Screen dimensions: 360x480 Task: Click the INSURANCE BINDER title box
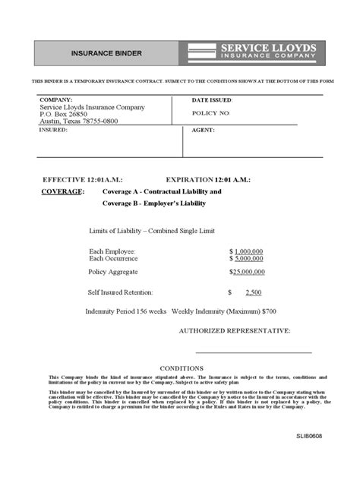pos(106,53)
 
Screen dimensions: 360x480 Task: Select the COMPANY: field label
pos(56,100)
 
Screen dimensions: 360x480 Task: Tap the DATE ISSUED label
pos(212,100)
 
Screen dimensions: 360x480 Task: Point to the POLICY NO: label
pos(211,112)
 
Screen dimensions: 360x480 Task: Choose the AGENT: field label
pos(204,130)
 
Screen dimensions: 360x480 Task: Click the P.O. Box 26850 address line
pos(64,115)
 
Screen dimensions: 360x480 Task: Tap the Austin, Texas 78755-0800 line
pos(80,122)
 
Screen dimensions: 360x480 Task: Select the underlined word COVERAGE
pos(62,192)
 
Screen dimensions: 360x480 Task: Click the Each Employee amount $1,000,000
pos(247,251)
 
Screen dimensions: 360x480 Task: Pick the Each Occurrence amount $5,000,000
pos(247,258)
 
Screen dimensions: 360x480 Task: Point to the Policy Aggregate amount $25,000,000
pos(247,271)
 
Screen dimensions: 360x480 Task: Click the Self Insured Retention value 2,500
pos(254,292)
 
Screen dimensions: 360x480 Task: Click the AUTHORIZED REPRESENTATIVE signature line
pos(253,352)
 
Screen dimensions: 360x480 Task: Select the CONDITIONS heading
pos(181,368)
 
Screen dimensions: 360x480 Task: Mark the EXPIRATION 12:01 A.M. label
pos(207,179)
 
